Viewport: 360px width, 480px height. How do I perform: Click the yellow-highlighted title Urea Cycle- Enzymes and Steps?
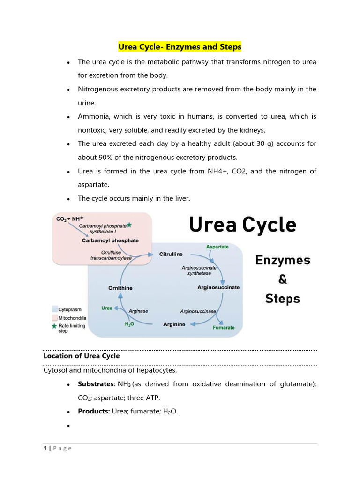[x=180, y=47]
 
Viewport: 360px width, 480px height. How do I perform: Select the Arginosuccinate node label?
[x=218, y=287]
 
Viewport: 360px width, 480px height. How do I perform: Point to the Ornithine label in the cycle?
[x=120, y=288]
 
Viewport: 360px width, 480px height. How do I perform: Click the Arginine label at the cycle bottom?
[x=174, y=324]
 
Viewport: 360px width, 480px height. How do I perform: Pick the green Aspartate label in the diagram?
[x=217, y=247]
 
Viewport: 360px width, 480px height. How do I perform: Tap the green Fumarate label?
[x=224, y=328]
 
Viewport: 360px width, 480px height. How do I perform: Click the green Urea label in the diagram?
[x=107, y=308]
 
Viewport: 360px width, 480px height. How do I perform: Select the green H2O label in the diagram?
[x=129, y=324]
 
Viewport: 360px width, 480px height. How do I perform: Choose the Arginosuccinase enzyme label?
[x=198, y=311]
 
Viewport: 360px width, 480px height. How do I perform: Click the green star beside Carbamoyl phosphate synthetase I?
[x=129, y=225]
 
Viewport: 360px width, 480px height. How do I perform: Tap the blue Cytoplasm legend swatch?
[x=54, y=309]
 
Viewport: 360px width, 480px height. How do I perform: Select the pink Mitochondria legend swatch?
[x=54, y=317]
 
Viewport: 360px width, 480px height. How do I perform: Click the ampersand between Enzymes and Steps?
[x=283, y=279]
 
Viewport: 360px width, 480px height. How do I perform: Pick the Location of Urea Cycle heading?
[x=82, y=356]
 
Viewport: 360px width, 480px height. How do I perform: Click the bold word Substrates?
[x=97, y=384]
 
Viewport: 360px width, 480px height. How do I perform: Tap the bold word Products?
[x=94, y=412]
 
